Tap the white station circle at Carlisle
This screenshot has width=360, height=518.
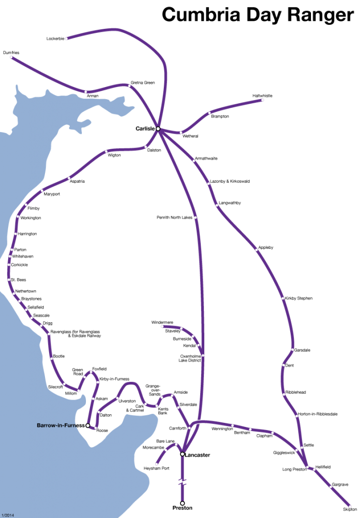click(x=158, y=129)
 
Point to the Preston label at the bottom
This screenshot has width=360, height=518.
click(x=183, y=506)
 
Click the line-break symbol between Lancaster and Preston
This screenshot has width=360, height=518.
click(x=183, y=482)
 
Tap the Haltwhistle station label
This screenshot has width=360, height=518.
click(x=263, y=96)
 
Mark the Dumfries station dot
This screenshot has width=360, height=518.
click(x=11, y=57)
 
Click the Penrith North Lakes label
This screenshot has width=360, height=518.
click(x=174, y=218)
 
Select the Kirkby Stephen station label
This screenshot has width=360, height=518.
click(x=298, y=298)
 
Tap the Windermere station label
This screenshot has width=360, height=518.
click(x=162, y=322)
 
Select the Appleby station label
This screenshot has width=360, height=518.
click(x=265, y=247)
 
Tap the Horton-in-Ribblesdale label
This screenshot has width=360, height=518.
click(x=317, y=414)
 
